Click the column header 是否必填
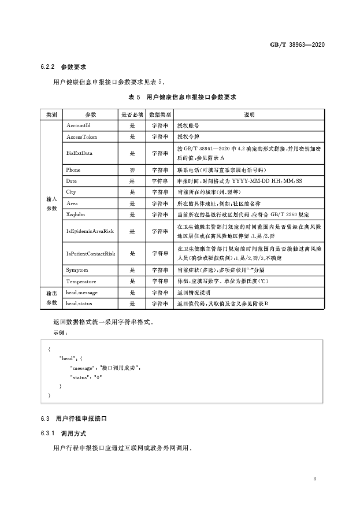point(132,114)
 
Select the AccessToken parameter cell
point(81,137)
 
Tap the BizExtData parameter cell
point(80,153)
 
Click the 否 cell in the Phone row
point(132,170)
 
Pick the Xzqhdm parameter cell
point(78,214)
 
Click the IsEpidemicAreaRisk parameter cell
point(90,231)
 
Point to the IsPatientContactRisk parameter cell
point(91,253)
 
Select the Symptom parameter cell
point(78,270)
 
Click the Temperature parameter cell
point(81,281)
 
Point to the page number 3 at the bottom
point(314,479)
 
